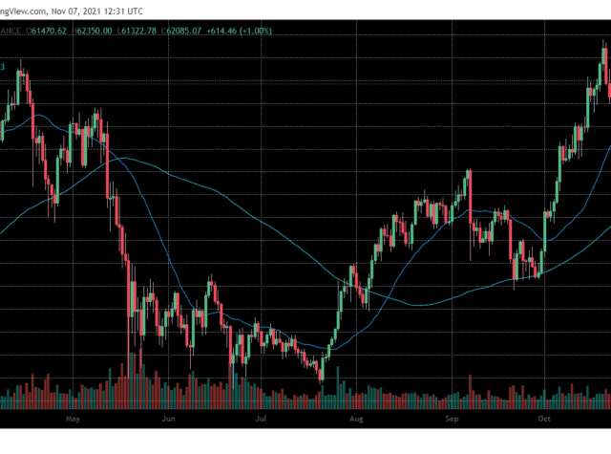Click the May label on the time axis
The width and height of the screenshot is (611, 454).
71,419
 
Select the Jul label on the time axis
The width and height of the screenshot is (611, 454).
261,419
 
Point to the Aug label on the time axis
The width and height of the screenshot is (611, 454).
356,419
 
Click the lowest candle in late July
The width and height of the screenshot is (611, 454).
321,371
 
